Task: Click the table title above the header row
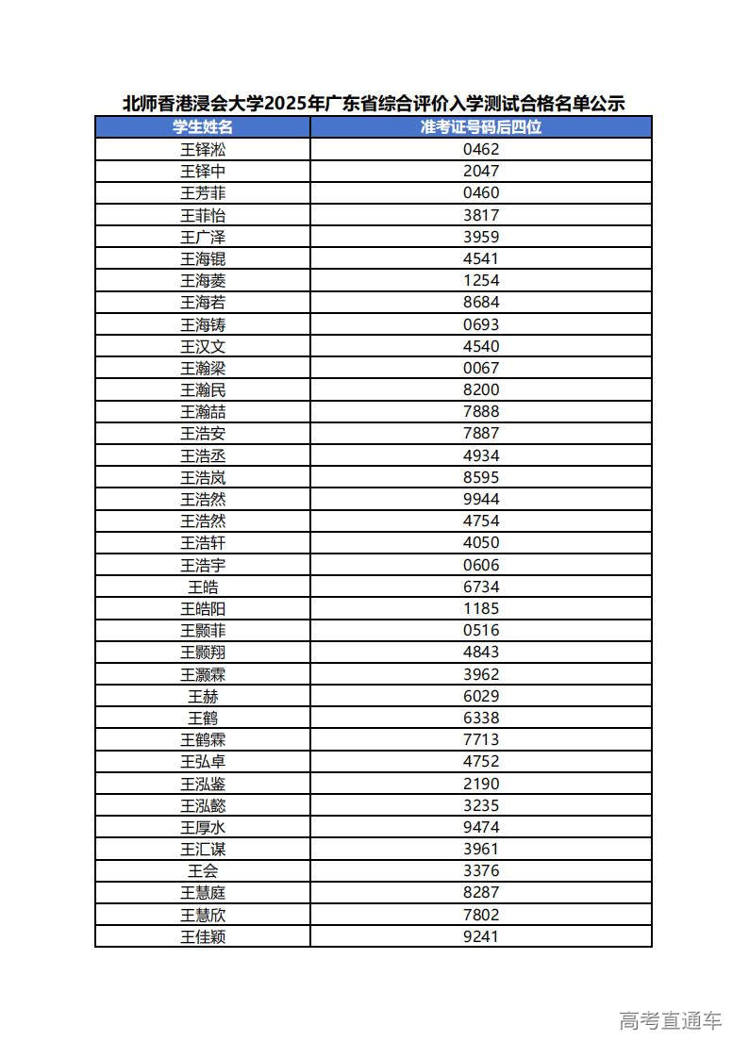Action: pos(374,103)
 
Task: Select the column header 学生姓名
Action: pos(203,126)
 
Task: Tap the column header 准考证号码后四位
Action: pos(481,126)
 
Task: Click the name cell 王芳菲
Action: pos(203,192)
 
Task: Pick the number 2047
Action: pos(481,171)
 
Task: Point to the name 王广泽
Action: pos(203,237)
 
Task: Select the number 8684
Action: pos(481,302)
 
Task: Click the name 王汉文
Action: pos(203,346)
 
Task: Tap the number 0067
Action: pos(481,368)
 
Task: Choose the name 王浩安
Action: pos(203,434)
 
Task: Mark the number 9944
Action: pos(481,499)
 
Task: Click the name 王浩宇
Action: pos(203,565)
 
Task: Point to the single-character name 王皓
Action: pos(203,587)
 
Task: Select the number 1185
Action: pos(481,608)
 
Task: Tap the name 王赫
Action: pos(203,696)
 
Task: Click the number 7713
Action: pos(481,739)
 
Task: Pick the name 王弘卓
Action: pos(203,761)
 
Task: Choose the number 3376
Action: pos(481,870)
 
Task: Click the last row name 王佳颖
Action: pos(203,936)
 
